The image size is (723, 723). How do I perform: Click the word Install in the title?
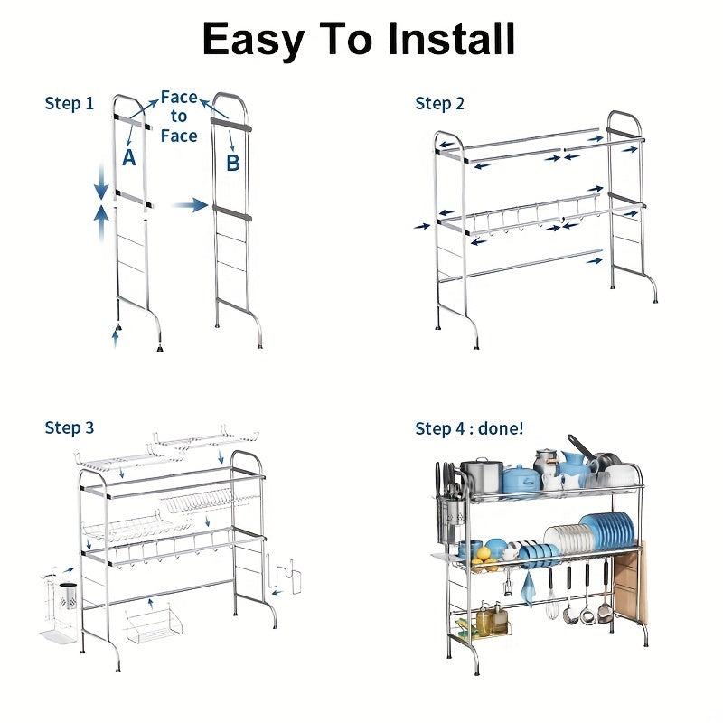click(x=450, y=39)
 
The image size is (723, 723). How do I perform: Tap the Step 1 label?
click(x=70, y=103)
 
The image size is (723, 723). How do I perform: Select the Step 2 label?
click(x=439, y=103)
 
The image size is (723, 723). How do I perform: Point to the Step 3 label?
click(x=70, y=427)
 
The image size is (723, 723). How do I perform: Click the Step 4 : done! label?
click(x=469, y=428)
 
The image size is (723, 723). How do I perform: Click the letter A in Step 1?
click(x=129, y=157)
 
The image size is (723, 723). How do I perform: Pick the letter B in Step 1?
click(x=233, y=163)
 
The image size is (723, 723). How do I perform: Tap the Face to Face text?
click(x=179, y=117)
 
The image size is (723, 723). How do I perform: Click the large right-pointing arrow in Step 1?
click(x=190, y=205)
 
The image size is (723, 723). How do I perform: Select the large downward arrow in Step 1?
click(x=101, y=183)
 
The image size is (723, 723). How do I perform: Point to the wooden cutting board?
click(x=630, y=581)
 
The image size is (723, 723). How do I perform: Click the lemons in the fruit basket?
click(x=483, y=557)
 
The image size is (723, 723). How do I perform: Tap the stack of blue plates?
click(x=607, y=531)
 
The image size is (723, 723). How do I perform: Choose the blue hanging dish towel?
click(x=529, y=587)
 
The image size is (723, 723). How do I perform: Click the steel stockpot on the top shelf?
click(x=482, y=475)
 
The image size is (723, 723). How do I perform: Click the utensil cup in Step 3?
click(x=69, y=596)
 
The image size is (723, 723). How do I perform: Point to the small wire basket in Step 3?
click(x=153, y=624)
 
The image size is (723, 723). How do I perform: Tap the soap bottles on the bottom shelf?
click(x=492, y=619)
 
